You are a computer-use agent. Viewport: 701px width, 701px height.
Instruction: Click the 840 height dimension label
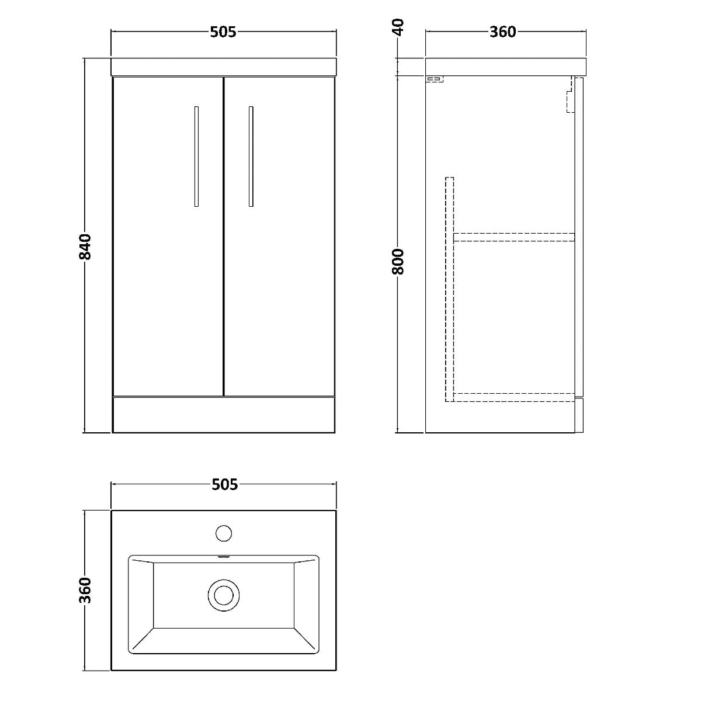85,247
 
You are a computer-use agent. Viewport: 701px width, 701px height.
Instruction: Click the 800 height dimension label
398,262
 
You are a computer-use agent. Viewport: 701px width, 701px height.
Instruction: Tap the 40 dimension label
399,27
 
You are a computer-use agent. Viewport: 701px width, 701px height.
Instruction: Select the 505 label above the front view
223,32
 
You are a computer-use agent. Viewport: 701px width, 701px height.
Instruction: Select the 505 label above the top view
224,484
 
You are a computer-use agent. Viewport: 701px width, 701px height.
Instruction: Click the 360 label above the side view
503,32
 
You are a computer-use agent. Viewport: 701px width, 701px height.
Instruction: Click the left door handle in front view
196,157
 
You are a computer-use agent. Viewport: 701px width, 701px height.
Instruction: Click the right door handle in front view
251,157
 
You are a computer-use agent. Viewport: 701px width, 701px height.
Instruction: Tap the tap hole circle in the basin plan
224,533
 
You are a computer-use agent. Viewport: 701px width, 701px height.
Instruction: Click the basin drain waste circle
224,595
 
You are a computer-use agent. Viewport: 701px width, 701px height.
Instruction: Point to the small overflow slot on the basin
223,556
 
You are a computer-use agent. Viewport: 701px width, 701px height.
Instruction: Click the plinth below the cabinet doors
224,415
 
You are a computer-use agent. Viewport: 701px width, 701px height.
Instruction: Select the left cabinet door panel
168,236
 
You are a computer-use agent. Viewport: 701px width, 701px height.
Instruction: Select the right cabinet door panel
279,236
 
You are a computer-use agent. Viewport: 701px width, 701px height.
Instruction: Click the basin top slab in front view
224,67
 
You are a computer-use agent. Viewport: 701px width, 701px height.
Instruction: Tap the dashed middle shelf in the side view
513,237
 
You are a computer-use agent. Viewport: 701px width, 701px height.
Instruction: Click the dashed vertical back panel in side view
450,290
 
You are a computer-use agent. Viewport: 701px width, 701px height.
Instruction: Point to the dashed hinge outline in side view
570,95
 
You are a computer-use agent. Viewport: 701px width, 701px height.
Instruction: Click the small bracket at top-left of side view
435,79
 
